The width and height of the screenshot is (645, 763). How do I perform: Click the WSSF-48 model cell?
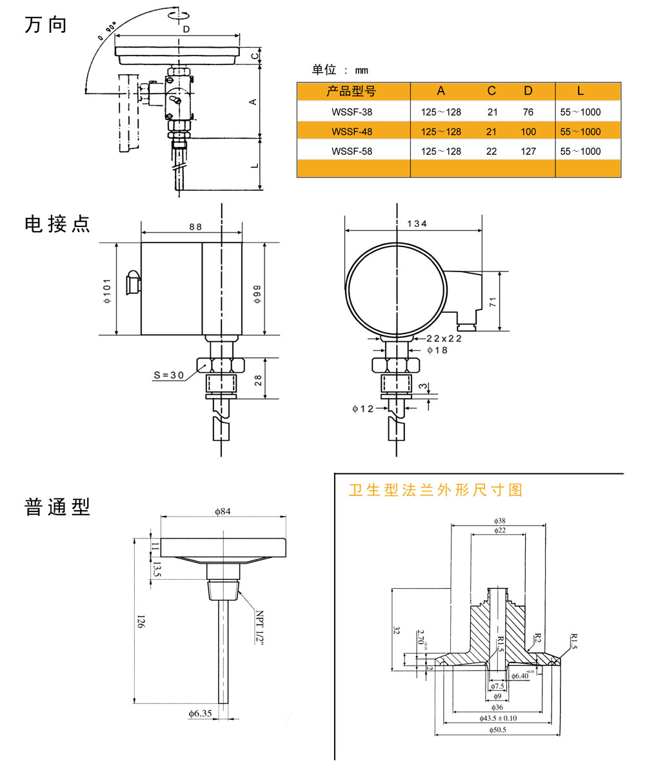tap(352, 132)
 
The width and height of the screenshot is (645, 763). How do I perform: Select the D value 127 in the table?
tap(528, 152)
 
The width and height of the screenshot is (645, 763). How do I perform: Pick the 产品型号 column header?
tap(351, 92)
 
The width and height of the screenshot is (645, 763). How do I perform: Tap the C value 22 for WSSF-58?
tap(492, 152)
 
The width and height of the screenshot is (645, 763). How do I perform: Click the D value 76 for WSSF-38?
tap(528, 112)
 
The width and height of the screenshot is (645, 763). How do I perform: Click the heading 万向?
tap(45, 25)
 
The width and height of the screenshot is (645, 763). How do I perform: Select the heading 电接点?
tap(57, 224)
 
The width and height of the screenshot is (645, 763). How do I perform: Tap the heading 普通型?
tap(57, 507)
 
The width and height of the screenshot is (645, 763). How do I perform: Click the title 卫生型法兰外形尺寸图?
tap(435, 490)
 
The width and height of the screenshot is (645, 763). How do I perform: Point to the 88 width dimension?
tap(195, 226)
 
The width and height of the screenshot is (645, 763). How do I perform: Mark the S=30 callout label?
tap(169, 375)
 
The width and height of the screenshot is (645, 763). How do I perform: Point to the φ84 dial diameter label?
tap(223, 511)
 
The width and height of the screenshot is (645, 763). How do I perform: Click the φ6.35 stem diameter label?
tap(200, 713)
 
